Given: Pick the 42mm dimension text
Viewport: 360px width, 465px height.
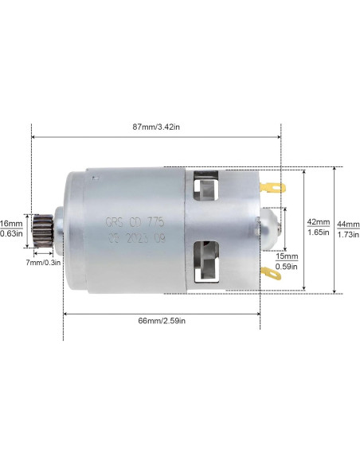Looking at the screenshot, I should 317,221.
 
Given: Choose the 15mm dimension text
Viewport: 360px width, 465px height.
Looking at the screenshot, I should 287,256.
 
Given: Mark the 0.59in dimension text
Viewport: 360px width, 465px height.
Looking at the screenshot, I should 287,267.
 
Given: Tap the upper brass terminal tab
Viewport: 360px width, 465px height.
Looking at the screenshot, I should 272,188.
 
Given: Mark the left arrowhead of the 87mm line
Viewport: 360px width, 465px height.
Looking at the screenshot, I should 33,135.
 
